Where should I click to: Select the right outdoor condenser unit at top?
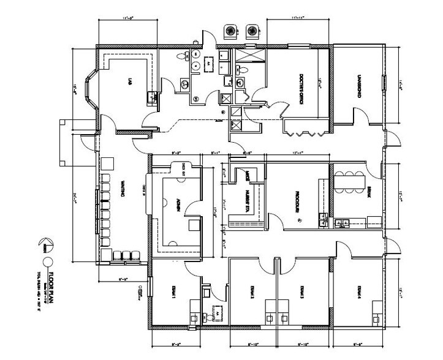tap(251, 31)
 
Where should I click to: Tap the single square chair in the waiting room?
tap(108, 163)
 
